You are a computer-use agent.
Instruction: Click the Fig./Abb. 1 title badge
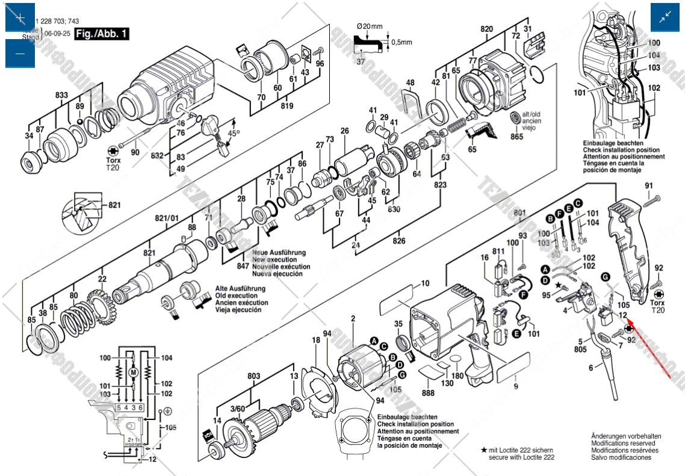click(x=102, y=34)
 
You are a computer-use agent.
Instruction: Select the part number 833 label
click(x=62, y=95)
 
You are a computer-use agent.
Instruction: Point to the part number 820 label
click(x=486, y=29)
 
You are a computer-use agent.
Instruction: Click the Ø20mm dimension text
click(x=370, y=26)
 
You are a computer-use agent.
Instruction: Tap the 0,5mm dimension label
click(x=402, y=43)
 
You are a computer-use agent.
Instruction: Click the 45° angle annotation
click(x=233, y=133)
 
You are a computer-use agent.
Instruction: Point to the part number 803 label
click(x=254, y=376)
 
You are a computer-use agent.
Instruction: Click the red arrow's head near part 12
click(x=628, y=325)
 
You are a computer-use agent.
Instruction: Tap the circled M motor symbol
click(x=134, y=373)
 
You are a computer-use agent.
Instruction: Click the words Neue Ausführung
click(x=279, y=253)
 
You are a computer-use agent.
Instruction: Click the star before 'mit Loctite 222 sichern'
click(x=483, y=450)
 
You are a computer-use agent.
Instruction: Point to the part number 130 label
click(x=447, y=383)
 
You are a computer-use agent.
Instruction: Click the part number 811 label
click(x=498, y=251)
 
